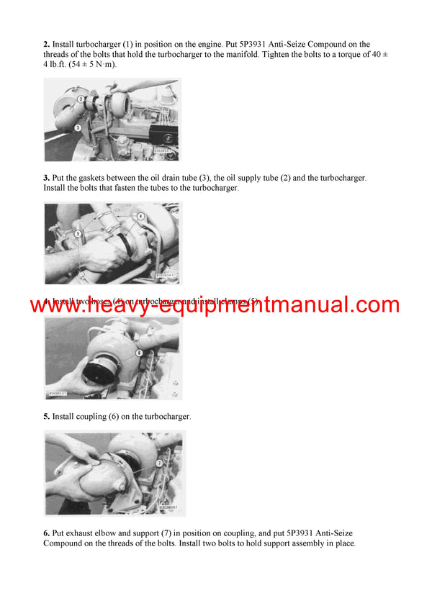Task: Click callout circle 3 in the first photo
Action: coord(78,127)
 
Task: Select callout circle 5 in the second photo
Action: coord(78,234)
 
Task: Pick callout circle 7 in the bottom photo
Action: coord(158,464)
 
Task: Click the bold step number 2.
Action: coord(47,45)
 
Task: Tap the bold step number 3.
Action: coord(47,178)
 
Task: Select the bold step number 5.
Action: coord(47,417)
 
